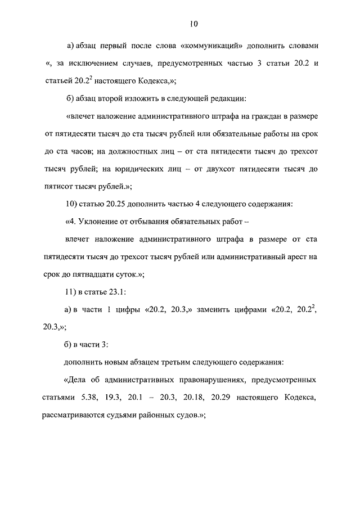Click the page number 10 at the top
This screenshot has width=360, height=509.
(194, 24)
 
